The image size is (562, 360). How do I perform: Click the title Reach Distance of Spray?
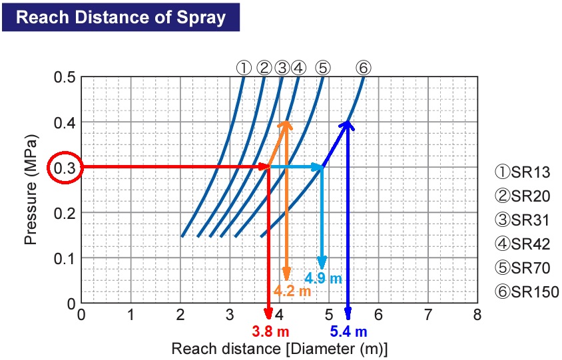coord(121,17)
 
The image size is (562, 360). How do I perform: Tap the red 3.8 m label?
coord(270,331)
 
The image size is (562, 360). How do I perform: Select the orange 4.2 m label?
coord(292,291)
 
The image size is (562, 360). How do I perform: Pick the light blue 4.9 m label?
coord(323,278)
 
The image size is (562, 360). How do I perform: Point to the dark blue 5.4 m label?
coord(348,331)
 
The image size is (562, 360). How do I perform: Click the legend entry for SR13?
coord(522,172)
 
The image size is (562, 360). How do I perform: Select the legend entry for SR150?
coord(526,291)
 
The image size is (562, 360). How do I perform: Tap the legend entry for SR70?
coord(522,268)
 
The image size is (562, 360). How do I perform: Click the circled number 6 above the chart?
coord(363,67)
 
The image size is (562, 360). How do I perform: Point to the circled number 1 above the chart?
coord(244,67)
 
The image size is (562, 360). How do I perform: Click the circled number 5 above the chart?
coord(322,67)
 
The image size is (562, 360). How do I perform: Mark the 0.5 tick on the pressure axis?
coord(64,77)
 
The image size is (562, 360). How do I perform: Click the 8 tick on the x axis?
coord(477,314)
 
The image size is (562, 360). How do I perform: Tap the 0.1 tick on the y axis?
coord(64,258)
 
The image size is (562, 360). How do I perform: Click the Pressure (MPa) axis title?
coord(31,190)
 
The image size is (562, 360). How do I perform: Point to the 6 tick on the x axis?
coord(378,314)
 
